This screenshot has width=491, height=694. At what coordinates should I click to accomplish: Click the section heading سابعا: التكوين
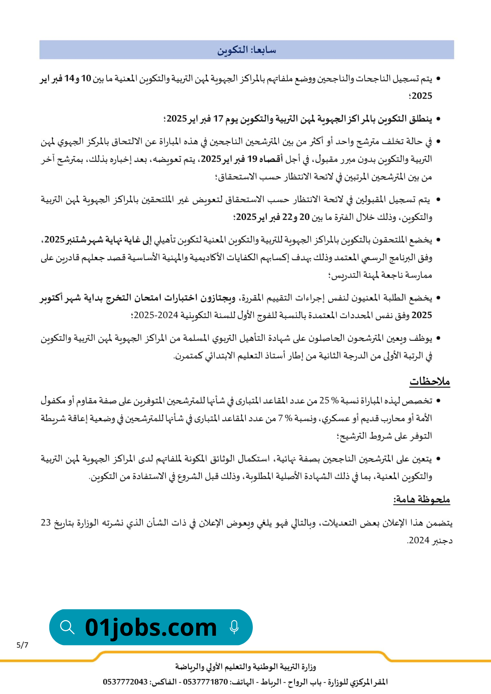(247, 50)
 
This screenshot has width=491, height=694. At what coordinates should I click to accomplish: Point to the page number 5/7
(23, 645)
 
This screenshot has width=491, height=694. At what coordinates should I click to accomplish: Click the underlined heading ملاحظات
(430, 381)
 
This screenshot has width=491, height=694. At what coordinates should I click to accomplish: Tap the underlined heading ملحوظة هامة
(422, 500)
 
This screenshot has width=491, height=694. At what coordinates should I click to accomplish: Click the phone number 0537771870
(205, 682)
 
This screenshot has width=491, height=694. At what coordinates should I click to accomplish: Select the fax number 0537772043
(125, 682)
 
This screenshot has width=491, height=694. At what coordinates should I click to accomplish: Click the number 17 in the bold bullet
(218, 119)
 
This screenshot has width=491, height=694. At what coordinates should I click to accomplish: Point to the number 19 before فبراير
(252, 159)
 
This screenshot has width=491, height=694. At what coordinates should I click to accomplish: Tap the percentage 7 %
(285, 418)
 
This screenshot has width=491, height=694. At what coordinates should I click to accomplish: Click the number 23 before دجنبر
(46, 523)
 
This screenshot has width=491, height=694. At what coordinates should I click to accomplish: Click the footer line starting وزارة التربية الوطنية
(245, 667)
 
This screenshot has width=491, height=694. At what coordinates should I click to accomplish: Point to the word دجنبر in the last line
(442, 541)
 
